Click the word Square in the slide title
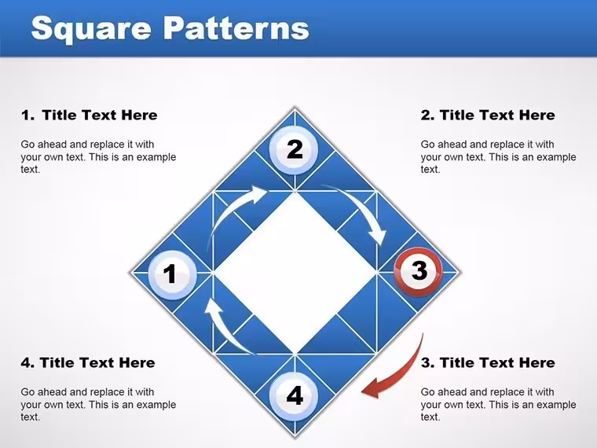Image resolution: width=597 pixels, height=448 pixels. [91, 29]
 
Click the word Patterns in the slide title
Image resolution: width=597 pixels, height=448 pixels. [236, 28]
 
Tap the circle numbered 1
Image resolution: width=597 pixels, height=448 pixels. [172, 274]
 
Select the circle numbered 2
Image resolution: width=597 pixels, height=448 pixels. [294, 149]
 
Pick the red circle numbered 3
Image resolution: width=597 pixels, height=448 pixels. [418, 272]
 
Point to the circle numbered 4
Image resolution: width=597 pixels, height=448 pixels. [294, 396]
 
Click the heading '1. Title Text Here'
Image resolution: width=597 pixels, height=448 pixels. [89, 115]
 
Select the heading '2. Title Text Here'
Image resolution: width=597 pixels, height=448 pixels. [488, 115]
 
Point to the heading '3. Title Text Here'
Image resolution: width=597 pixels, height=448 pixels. [488, 362]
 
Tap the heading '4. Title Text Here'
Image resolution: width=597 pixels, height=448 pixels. [88, 362]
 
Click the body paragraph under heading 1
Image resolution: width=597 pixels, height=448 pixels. [98, 156]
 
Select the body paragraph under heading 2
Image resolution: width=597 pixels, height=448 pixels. [498, 156]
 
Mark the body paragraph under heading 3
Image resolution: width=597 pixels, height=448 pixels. [498, 404]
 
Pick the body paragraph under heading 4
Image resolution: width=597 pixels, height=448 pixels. [98, 404]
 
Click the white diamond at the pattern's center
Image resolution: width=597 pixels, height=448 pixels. [295, 273]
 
